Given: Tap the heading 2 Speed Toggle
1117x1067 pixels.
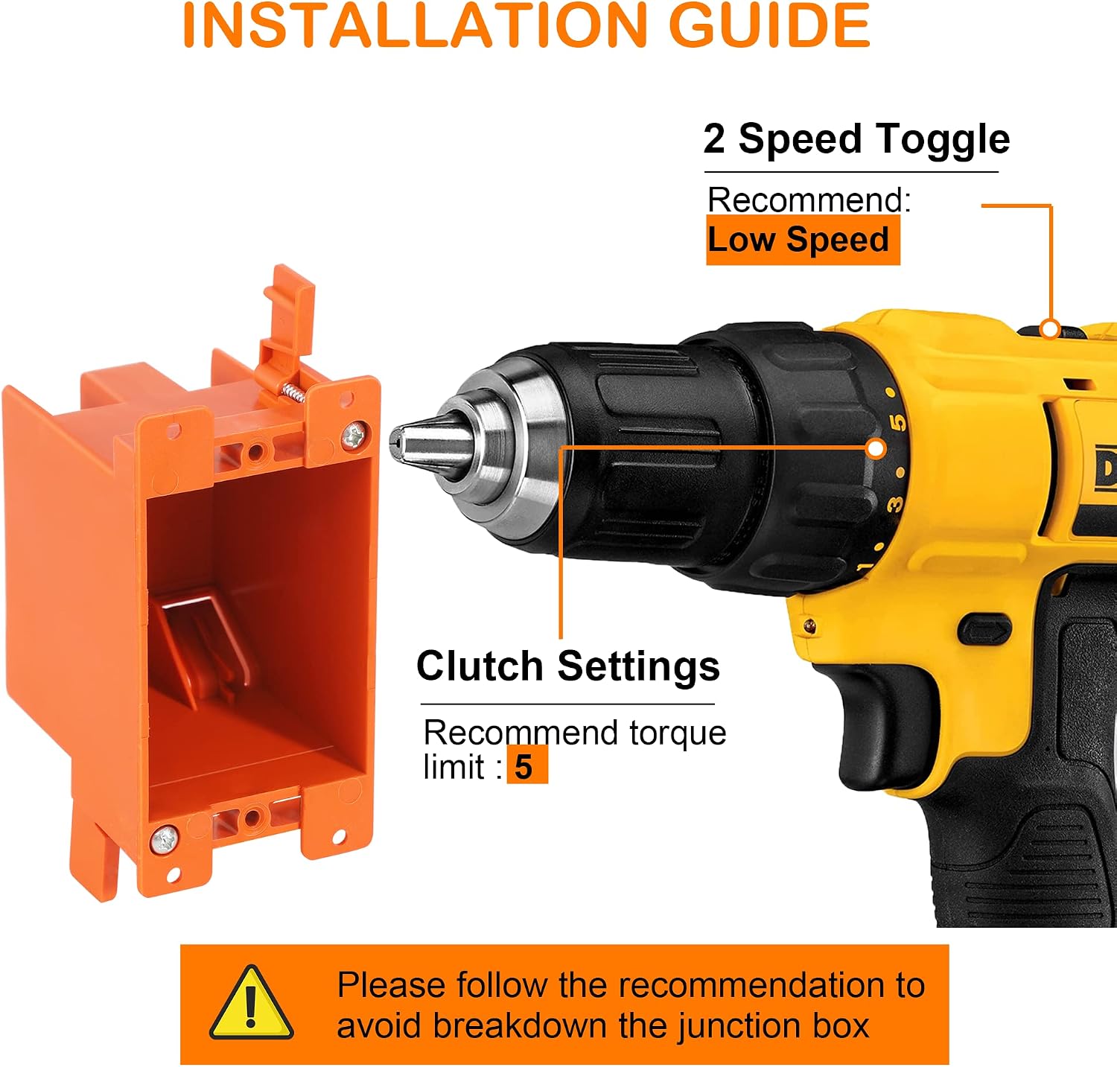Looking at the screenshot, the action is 856,138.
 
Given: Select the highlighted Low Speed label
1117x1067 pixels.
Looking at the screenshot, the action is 803,240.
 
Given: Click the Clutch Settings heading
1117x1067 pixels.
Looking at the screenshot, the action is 568,666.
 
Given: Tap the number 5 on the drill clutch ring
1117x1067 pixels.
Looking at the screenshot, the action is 898,422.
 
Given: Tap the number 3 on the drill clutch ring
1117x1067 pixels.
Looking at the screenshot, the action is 894,504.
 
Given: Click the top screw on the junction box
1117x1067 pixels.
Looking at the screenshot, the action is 355,435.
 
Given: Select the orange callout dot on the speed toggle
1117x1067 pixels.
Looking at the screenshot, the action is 1050,328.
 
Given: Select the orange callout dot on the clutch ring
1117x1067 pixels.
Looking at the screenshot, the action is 876,448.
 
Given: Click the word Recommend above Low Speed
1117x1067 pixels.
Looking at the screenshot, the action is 809,200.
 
